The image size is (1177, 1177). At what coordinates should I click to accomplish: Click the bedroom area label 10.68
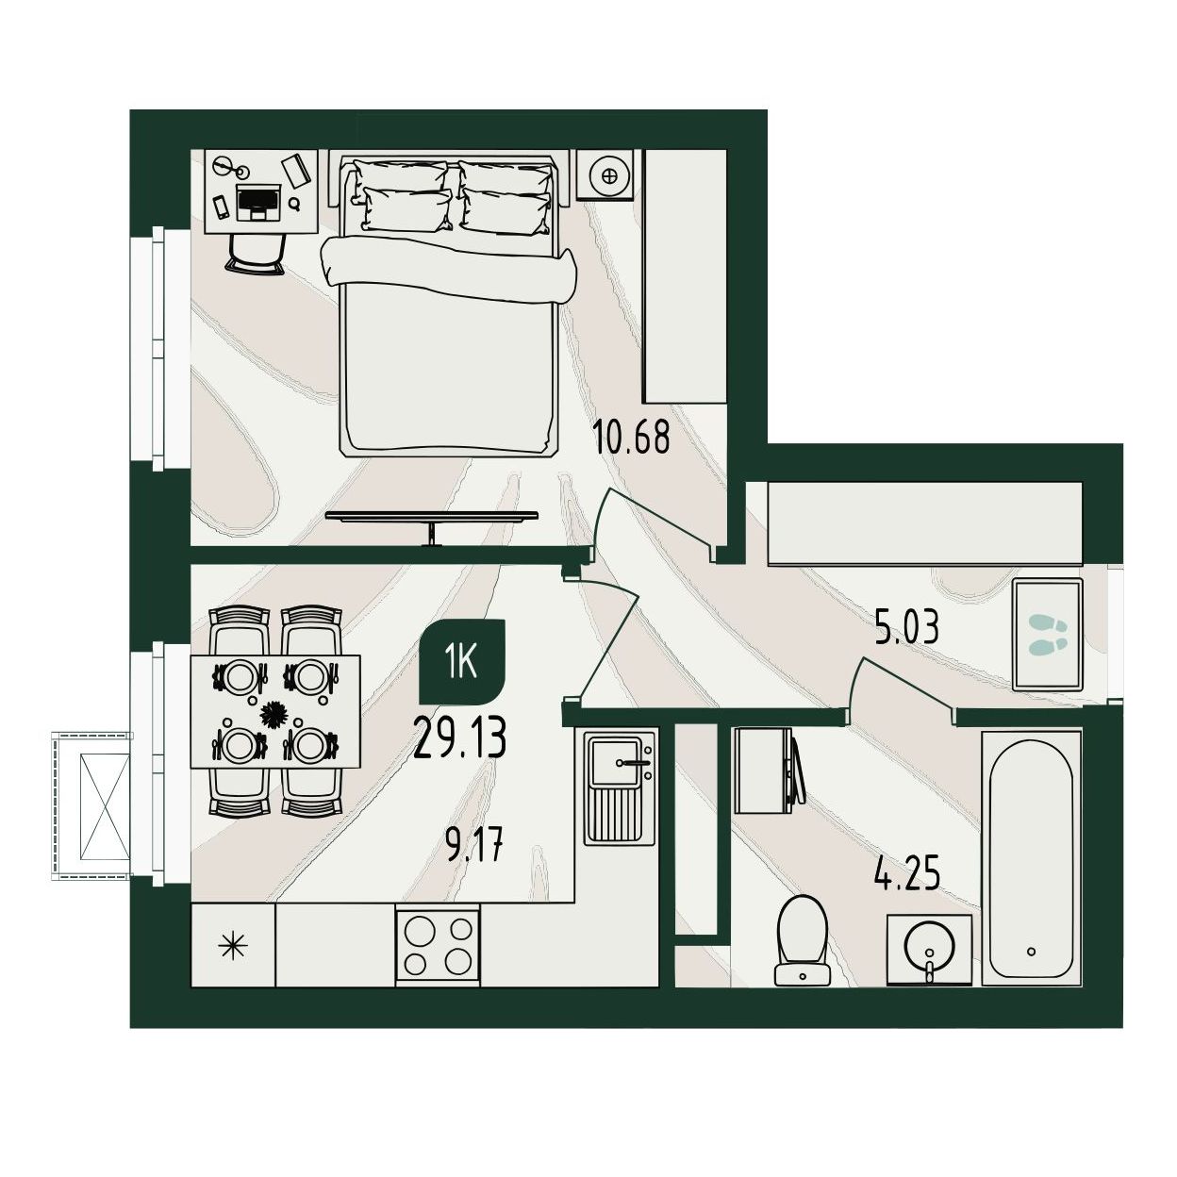point(631,438)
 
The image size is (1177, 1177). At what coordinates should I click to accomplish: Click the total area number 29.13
point(460,738)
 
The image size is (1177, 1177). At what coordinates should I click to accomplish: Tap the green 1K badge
point(462,661)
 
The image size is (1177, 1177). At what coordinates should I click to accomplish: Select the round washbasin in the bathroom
point(929,952)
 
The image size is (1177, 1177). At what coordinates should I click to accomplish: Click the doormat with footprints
point(1048,635)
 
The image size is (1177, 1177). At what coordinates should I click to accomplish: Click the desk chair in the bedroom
point(256,255)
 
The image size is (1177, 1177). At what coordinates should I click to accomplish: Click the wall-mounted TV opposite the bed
point(432,519)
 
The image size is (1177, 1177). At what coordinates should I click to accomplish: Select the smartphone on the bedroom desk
point(221,207)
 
